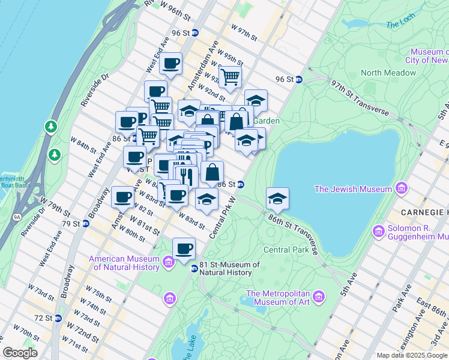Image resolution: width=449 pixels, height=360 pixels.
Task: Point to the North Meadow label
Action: [388, 73]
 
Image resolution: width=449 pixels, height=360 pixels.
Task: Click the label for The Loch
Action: [400, 25]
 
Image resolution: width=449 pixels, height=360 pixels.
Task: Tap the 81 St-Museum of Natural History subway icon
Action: [194, 268]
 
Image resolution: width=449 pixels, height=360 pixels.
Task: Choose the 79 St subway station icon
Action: [85, 224]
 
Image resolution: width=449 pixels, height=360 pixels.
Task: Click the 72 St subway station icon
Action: [58, 317]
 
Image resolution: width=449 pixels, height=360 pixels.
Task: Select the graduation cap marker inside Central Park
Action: [277, 198]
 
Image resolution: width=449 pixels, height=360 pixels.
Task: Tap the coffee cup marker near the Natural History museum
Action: [184, 248]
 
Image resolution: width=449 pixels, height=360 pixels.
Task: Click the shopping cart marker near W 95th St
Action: [229, 77]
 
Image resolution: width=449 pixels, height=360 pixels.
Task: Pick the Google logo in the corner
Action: [20, 353]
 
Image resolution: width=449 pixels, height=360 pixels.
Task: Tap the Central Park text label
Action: [285, 250]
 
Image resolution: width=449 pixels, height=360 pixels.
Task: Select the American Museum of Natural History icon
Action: [169, 262]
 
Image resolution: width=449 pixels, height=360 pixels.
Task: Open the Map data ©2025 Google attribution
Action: [411, 355]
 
